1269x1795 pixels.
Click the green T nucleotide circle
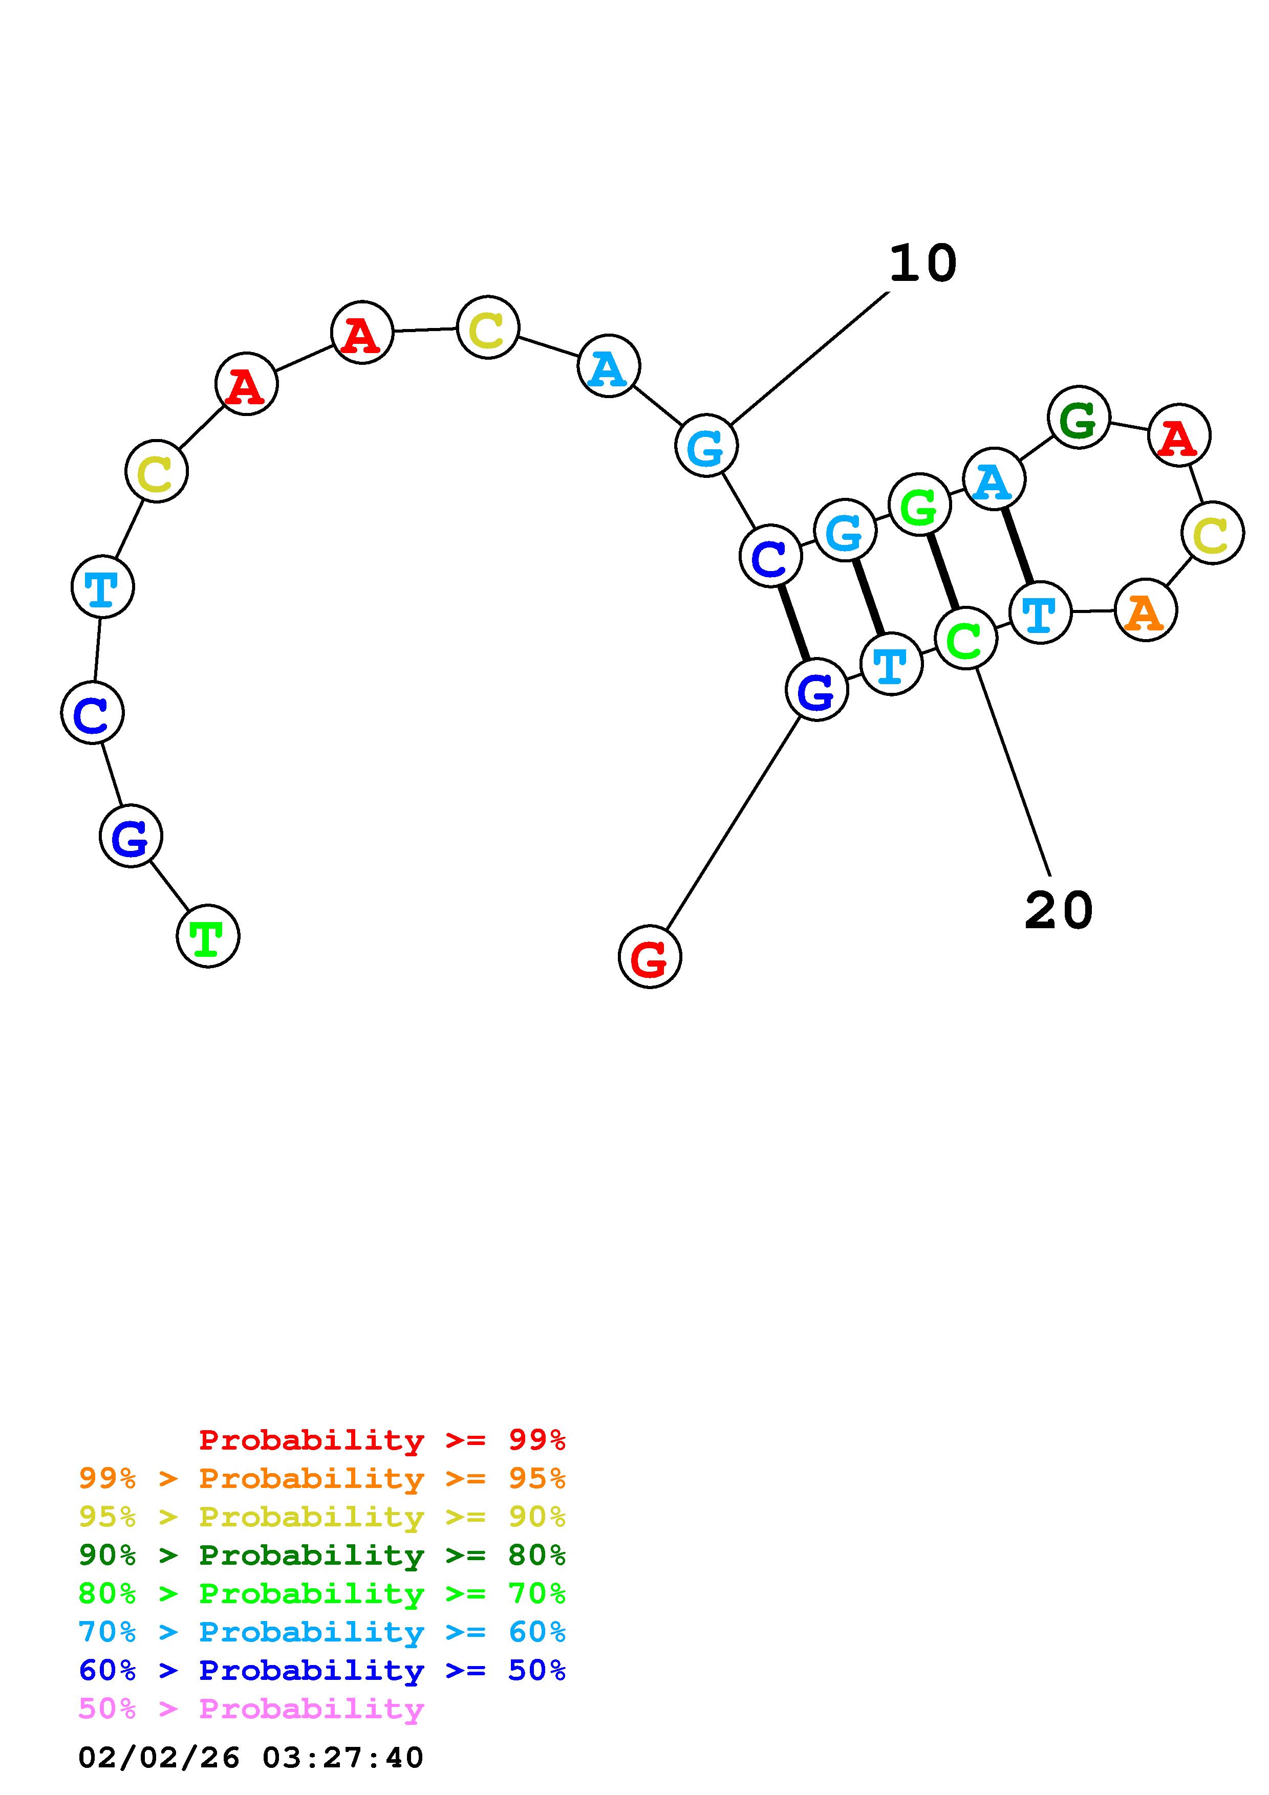click(x=208, y=936)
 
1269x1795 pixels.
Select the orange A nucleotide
click(x=1146, y=610)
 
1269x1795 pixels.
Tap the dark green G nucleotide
click(x=1079, y=418)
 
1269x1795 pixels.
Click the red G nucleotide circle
click(x=650, y=956)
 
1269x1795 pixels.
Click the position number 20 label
click(x=1058, y=911)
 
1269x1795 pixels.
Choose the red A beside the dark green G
click(x=1179, y=435)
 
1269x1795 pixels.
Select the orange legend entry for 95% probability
click(x=322, y=1478)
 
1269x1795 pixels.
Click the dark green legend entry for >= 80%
click(x=322, y=1555)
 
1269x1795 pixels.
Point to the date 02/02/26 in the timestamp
click(x=159, y=1758)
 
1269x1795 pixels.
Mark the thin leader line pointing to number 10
click(x=809, y=358)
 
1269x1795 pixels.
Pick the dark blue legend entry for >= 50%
click(x=322, y=1670)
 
